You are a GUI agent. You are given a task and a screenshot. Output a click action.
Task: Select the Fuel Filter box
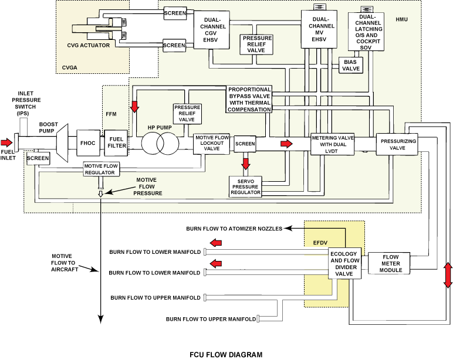116,142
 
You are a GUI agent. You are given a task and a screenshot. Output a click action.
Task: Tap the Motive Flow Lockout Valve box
211,145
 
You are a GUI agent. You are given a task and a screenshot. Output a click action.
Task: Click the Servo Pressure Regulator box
245,186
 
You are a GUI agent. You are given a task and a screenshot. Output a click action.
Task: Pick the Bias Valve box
350,66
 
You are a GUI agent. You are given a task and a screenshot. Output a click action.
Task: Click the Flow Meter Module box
391,263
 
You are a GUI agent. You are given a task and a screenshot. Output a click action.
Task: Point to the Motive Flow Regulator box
101,169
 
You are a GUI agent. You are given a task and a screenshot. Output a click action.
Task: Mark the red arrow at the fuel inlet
6,142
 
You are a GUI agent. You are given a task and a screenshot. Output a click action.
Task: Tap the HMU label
401,20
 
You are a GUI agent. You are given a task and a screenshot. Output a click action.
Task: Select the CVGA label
70,68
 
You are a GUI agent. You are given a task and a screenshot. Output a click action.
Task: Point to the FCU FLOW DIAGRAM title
226,354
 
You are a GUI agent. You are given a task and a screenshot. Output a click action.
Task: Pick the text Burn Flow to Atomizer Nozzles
234,228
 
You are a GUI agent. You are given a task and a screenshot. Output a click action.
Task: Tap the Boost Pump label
49,128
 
